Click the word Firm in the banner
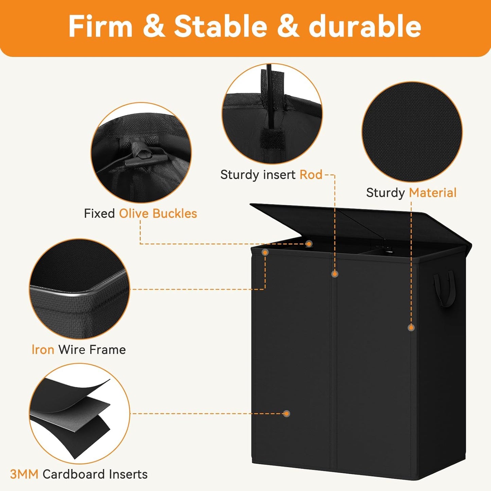(100, 26)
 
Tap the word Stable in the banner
(221, 26)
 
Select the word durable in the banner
(365, 26)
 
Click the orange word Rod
(311, 175)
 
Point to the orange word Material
(433, 192)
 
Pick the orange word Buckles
(175, 213)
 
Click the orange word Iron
(43, 349)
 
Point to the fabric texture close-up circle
(412, 132)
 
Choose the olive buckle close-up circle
(141, 153)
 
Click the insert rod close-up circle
(272, 114)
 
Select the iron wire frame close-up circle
(80, 289)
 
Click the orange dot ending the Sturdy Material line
(411, 328)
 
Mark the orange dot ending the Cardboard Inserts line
(287, 414)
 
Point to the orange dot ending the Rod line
(335, 274)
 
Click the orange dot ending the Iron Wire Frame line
(265, 252)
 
